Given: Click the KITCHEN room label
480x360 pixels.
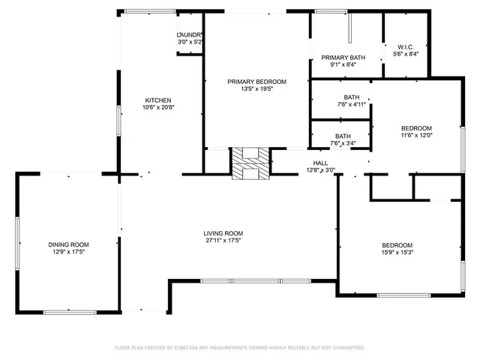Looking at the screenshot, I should (x=158, y=100).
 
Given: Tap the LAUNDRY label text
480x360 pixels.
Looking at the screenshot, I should (x=190, y=35).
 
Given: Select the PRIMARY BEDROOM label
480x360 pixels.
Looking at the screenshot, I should (x=257, y=81).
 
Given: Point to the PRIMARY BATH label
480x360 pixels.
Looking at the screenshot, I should (x=343, y=57).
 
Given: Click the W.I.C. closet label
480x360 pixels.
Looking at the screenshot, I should (x=406, y=46).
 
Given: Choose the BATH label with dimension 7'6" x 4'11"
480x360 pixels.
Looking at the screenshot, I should (x=352, y=97).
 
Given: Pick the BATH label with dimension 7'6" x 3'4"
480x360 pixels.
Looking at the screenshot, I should (x=343, y=136).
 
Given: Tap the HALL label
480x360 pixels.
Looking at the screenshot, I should (x=320, y=162).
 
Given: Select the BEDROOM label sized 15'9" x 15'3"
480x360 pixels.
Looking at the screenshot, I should (x=397, y=245).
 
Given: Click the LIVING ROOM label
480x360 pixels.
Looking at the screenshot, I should (x=223, y=233).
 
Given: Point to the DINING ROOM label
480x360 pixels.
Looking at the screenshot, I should (x=69, y=244).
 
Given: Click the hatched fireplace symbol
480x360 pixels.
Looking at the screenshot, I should (x=249, y=163).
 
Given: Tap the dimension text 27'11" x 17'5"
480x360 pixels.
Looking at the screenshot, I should (x=223, y=241).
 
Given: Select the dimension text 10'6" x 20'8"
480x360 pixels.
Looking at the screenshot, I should (x=158, y=108).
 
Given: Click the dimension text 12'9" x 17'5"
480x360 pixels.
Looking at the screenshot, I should (x=69, y=252).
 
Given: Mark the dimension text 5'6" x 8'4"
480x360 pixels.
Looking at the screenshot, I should (x=406, y=54).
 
